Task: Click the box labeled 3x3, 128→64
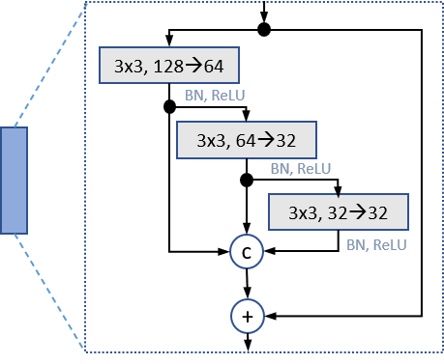point(168,67)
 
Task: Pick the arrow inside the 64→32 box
point(266,140)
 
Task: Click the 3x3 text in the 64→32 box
point(209,141)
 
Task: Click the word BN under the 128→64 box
point(192,96)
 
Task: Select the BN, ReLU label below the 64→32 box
point(300,169)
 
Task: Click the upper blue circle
point(247,253)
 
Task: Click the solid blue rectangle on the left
point(15,181)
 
